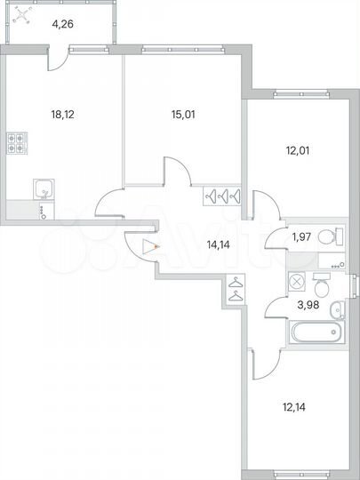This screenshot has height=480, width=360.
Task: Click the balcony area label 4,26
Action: pyautogui.click(x=62, y=24)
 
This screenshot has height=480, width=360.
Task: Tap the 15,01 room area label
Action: pyautogui.click(x=184, y=113)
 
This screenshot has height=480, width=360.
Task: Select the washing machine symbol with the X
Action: pyautogui.click(x=297, y=281)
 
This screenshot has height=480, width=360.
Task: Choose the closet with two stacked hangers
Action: pyautogui.click(x=235, y=290)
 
